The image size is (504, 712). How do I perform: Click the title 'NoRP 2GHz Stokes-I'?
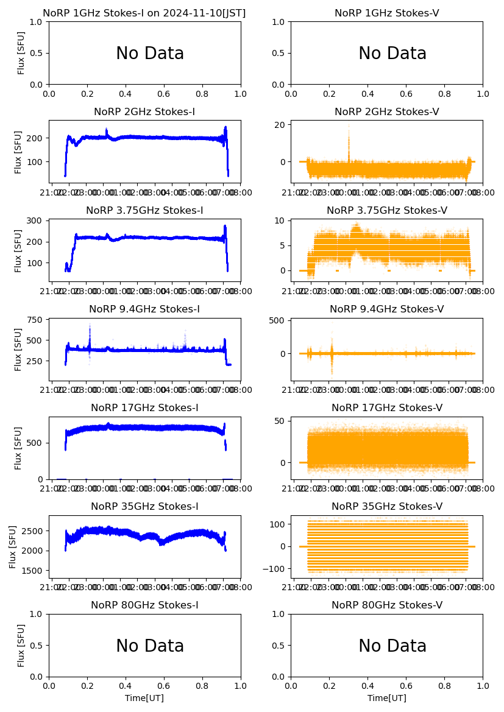(144, 112)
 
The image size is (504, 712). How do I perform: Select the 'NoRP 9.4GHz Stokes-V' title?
(386, 309)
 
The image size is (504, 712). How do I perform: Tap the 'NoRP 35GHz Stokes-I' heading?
(144, 507)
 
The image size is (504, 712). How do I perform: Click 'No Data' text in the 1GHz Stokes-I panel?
(150, 54)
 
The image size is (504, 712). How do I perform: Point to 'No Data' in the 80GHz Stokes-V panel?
(392, 646)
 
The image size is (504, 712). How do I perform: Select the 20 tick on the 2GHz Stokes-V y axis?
(280, 124)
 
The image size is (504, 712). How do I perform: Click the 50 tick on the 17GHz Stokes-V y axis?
(280, 421)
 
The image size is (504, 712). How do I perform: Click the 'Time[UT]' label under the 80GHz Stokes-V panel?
(386, 698)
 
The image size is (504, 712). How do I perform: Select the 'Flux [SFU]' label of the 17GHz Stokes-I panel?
(19, 448)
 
